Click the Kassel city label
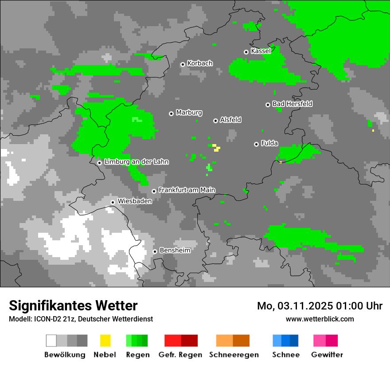pyautogui.click(x=261, y=51)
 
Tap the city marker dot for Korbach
pyautogui.click(x=183, y=64)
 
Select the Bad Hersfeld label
pyautogui.click(x=292, y=104)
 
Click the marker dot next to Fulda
pyautogui.click(x=256, y=144)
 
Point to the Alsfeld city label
pyautogui.click(x=230, y=120)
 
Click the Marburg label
pyautogui.click(x=189, y=113)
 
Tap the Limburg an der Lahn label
pyautogui.click(x=136, y=162)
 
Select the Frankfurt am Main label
pyautogui.click(x=187, y=190)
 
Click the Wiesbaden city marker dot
pyautogui.click(x=113, y=202)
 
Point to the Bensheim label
pyautogui.click(x=175, y=251)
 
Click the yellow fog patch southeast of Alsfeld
pyautogui.click(x=216, y=148)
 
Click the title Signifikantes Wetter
pyautogui.click(x=73, y=305)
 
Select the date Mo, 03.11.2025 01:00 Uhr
pyautogui.click(x=320, y=306)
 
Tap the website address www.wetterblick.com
pyautogui.click(x=320, y=319)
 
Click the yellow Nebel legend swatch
pyautogui.click(x=105, y=341)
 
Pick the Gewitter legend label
pyautogui.click(x=327, y=355)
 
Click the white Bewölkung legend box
pyautogui.click(x=51, y=341)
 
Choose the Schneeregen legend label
pyautogui.click(x=234, y=355)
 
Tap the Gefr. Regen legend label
pyautogui.click(x=180, y=355)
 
